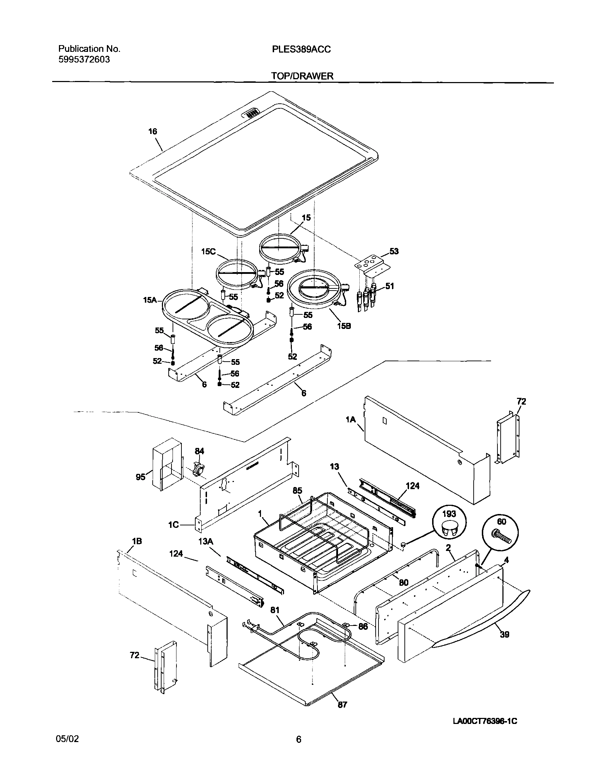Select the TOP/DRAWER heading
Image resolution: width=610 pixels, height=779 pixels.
[302, 76]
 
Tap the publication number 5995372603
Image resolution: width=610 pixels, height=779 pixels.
[84, 60]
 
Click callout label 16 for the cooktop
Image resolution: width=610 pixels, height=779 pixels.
[153, 131]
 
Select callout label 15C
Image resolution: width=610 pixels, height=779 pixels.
[208, 251]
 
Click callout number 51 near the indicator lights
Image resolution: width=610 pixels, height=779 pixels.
[390, 286]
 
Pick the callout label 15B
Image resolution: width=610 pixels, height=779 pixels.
[344, 326]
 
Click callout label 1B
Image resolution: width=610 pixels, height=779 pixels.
[137, 541]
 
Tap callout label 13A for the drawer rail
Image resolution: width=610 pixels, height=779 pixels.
[206, 542]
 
